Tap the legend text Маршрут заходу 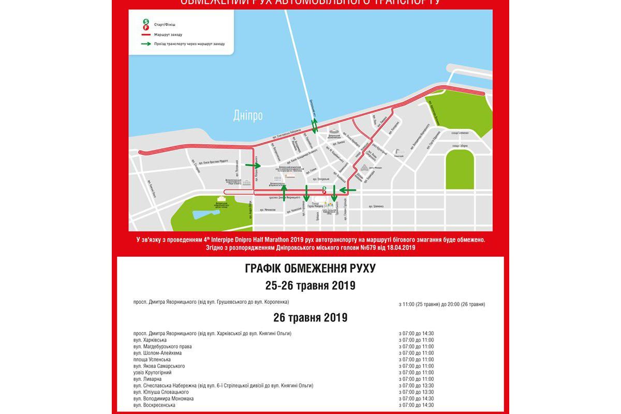pos(168,34)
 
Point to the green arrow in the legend pos(146,44)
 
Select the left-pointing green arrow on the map pos(348,191)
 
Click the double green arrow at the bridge pos(314,125)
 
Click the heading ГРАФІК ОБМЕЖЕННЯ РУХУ pos(310,269)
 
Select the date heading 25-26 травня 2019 pos(310,286)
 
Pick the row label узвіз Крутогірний pos(152,373)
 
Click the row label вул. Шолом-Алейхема pos(157,353)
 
